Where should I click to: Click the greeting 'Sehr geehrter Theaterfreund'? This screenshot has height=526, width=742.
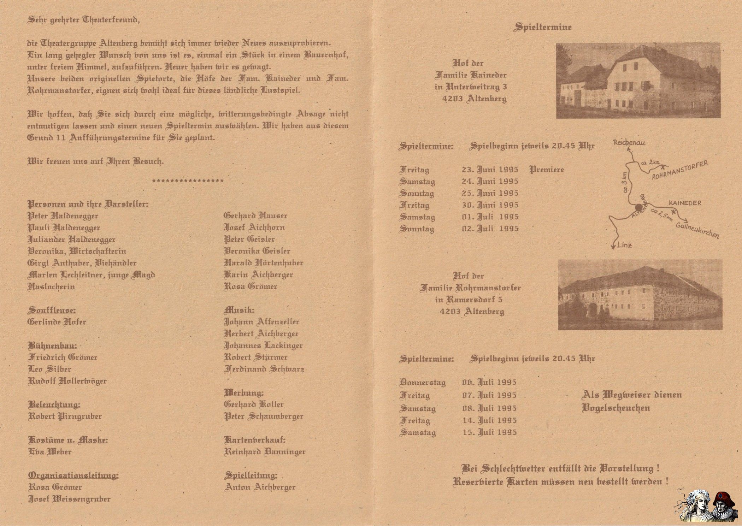click(83, 19)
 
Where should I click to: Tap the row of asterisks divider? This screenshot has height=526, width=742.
click(188, 181)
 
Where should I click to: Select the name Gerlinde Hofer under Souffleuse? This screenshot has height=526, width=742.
click(57, 322)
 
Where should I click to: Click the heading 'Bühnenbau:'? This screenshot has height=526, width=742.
click(52, 345)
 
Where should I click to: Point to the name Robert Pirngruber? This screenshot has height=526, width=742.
click(65, 416)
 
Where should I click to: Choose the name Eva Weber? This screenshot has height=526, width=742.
click(50, 452)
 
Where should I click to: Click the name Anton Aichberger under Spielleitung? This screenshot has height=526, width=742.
click(260, 487)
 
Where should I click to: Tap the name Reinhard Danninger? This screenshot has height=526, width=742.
click(265, 452)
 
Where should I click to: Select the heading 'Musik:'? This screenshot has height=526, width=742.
click(239, 310)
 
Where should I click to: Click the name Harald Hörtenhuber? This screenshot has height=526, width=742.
click(264, 263)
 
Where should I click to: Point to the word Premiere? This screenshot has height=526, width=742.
click(547, 170)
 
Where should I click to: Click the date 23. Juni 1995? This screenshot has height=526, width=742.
click(490, 170)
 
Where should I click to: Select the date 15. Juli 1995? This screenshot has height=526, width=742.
click(490, 432)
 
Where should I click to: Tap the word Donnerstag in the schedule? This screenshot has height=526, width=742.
click(423, 382)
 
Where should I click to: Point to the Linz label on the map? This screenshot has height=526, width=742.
click(624, 245)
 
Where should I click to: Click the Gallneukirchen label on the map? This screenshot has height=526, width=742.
click(697, 230)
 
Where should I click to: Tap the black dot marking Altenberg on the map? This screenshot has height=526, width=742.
click(638, 207)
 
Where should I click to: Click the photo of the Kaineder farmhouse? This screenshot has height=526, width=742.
click(638, 80)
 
